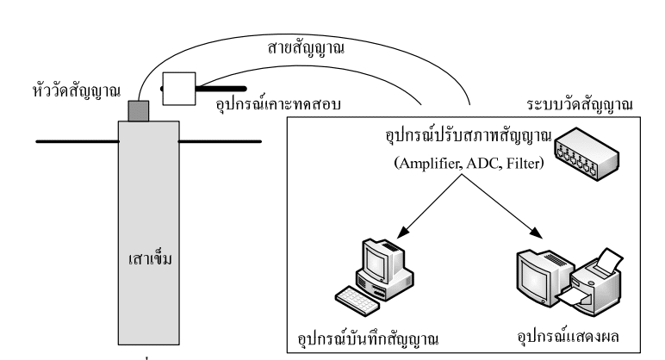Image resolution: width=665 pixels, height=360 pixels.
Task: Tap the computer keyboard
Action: [361, 298]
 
